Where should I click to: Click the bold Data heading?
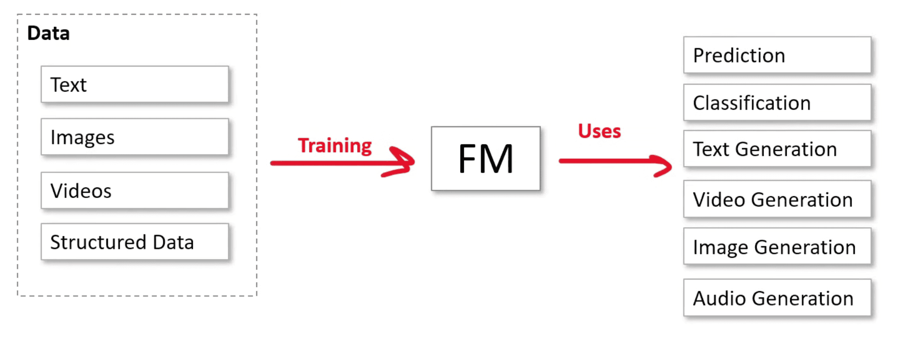49,33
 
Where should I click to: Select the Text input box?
135,84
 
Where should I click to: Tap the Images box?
135,137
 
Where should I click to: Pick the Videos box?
135,191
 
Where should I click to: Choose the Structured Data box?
135,242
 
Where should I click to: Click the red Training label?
334,145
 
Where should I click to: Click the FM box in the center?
486,159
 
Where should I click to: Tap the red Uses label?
599,131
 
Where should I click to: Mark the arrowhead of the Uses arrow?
667,165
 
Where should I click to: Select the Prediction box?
777,55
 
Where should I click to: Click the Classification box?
777,103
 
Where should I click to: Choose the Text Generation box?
777,149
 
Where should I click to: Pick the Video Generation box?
777,199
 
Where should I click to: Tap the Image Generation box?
777,247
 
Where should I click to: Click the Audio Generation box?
777,298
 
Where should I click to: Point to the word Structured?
98,242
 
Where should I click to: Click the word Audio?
719,298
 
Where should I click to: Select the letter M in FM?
498,159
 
